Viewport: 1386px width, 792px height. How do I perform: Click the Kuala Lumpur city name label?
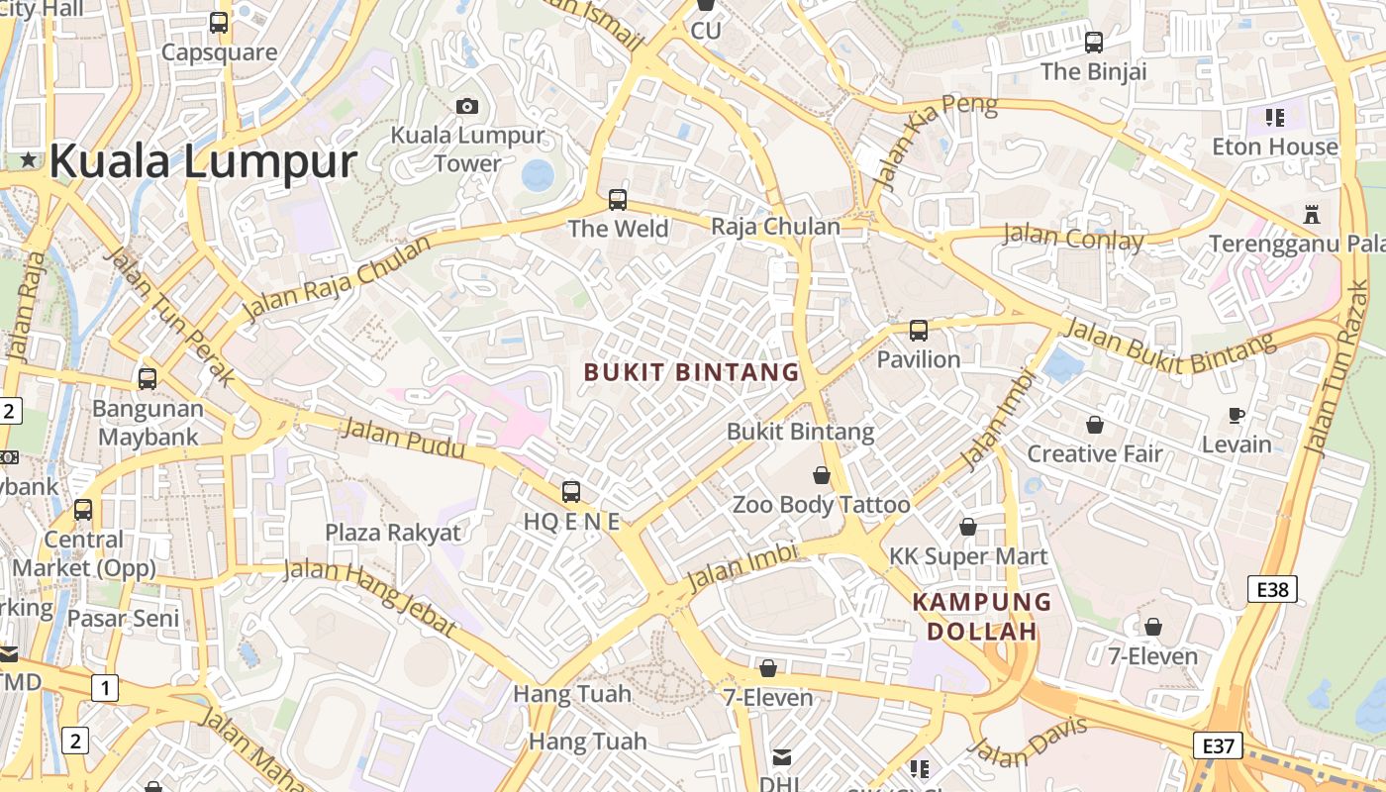tap(203, 161)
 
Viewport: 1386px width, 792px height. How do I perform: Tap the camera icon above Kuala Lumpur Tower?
tap(467, 106)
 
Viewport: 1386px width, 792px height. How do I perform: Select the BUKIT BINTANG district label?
tap(691, 372)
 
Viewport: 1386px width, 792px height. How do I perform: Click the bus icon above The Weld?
tap(618, 200)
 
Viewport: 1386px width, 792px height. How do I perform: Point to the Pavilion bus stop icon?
tap(919, 331)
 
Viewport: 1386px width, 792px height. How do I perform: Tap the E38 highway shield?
tap(1272, 590)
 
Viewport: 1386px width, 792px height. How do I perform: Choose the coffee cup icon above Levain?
tap(1236, 416)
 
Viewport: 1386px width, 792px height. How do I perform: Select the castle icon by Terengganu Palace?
tap(1313, 214)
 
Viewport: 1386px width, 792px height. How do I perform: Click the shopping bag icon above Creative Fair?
tap(1094, 425)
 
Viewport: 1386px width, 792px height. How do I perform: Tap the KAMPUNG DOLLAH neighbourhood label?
tap(982, 616)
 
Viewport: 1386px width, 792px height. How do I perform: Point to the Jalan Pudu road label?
tap(403, 439)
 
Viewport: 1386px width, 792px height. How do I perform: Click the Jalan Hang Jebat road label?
tap(371, 597)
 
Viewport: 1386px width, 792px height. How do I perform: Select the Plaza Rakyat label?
tap(393, 533)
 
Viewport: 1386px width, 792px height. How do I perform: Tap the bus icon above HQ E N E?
tap(571, 491)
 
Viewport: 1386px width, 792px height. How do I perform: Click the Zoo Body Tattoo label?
tap(821, 505)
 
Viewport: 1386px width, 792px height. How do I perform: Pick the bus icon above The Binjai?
tap(1094, 43)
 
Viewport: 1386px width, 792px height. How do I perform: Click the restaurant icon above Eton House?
tap(1275, 118)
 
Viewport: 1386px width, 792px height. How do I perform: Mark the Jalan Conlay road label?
tap(1073, 238)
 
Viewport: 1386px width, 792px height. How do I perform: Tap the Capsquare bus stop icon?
tap(219, 22)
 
